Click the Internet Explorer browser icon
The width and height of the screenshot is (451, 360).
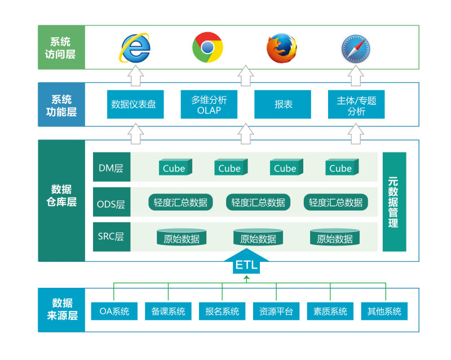tap(135, 47)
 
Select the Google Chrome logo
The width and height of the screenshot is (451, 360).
tap(207, 47)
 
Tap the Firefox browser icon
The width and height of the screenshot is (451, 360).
tap(281, 48)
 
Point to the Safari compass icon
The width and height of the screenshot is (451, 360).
tap(355, 48)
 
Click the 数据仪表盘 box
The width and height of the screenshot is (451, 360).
tap(135, 104)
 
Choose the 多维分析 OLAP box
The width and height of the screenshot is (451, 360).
tap(209, 104)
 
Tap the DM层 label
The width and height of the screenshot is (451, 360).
tap(112, 168)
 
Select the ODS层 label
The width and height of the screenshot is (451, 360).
tap(112, 203)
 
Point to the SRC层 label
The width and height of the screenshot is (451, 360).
tap(112, 236)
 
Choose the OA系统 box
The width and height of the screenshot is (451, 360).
tap(114, 311)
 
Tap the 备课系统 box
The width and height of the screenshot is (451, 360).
tap(168, 311)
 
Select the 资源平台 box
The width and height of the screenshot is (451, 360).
tap(276, 311)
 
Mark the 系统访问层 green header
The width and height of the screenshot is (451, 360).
tap(61, 47)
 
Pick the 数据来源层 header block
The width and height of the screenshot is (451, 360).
tap(61, 310)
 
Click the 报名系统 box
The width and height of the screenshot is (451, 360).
tap(222, 311)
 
